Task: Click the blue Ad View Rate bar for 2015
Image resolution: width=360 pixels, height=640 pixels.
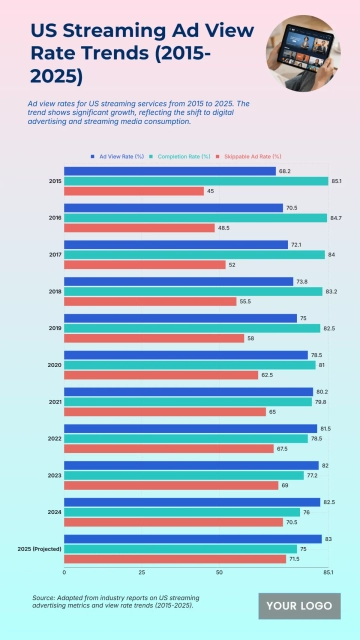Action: tap(170, 171)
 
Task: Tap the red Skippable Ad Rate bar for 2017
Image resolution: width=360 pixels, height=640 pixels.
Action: tap(145, 265)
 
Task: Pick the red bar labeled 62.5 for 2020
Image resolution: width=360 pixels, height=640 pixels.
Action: tap(160, 375)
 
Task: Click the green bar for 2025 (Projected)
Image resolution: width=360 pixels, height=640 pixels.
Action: tap(179, 548)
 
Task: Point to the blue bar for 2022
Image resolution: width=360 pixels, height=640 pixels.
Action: tap(190, 428)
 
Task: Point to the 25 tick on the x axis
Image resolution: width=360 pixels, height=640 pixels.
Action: tap(142, 573)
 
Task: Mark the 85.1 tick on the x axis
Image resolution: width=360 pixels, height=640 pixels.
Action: tap(328, 573)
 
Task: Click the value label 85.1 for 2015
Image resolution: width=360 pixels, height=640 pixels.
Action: tap(336, 181)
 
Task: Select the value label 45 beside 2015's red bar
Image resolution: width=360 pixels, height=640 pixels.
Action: tap(211, 191)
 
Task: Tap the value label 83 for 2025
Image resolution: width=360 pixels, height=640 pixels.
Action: tap(329, 538)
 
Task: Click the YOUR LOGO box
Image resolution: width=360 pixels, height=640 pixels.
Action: tap(299, 606)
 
